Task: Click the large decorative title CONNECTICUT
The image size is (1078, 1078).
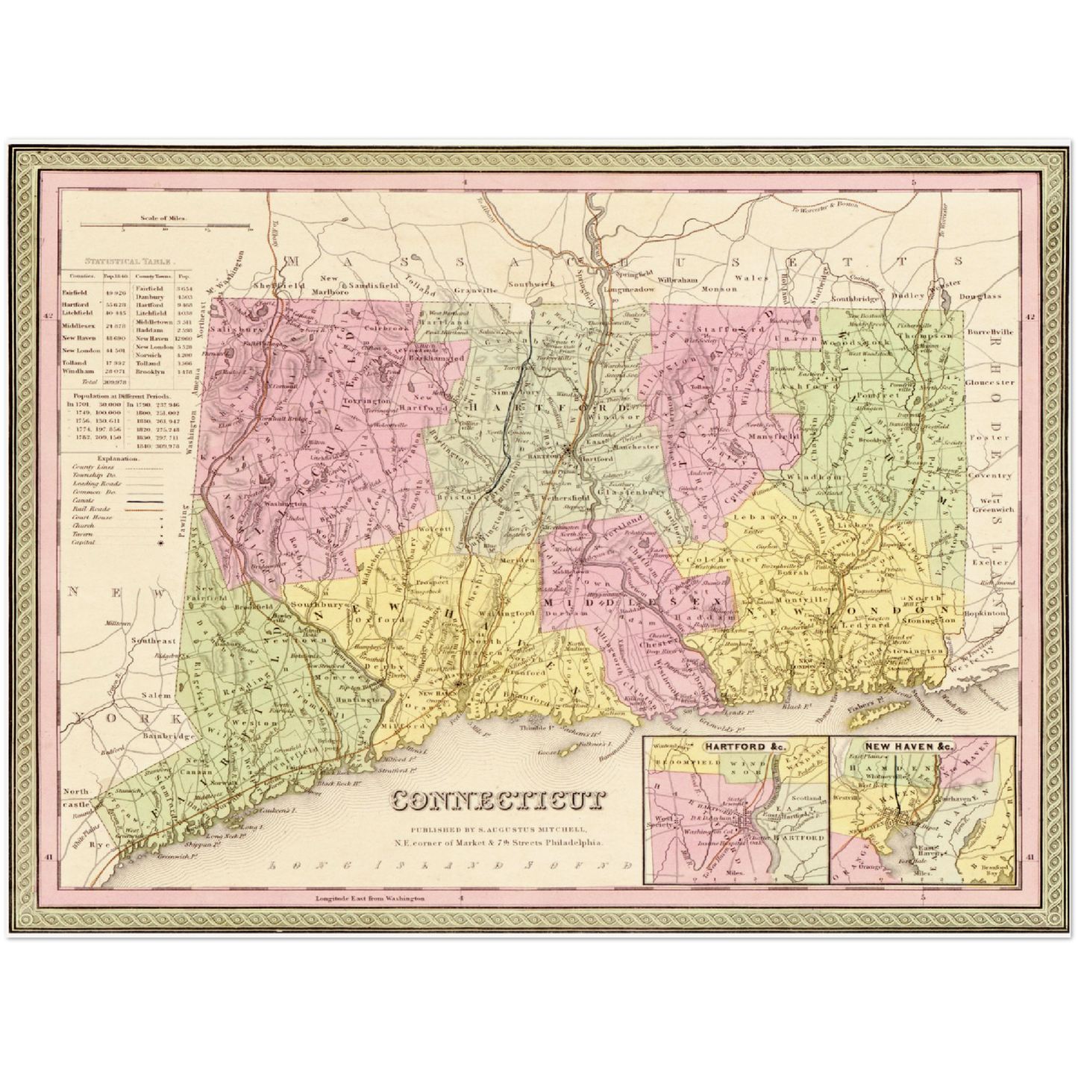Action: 498,801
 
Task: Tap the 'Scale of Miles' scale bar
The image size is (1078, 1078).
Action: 166,225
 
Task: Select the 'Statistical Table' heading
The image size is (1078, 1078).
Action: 129,263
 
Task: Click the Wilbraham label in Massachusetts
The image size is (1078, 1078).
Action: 678,279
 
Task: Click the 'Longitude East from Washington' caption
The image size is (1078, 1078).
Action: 370,898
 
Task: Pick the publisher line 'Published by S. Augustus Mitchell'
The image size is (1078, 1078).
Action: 498,829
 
